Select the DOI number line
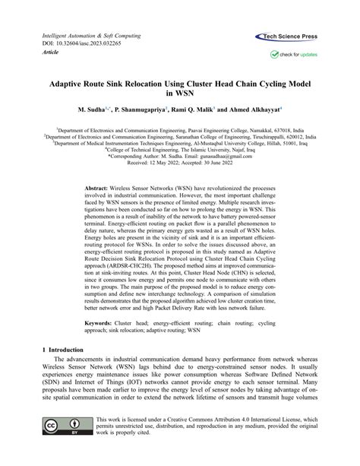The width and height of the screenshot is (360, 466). coord(74,45)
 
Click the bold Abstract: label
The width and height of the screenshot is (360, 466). coord(97,187)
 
